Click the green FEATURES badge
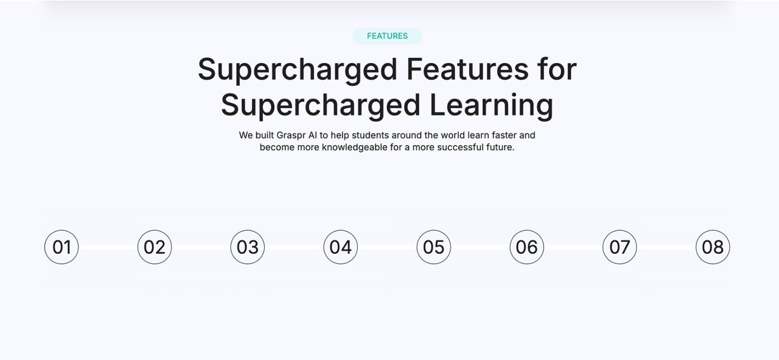[387, 36]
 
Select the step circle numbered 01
[62, 247]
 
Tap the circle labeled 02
[155, 247]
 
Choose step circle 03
[248, 247]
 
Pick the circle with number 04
[340, 247]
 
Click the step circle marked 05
[433, 247]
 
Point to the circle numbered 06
[527, 247]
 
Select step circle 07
[620, 247]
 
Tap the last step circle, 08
[713, 247]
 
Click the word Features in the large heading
[467, 69]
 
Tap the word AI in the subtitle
[312, 135]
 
